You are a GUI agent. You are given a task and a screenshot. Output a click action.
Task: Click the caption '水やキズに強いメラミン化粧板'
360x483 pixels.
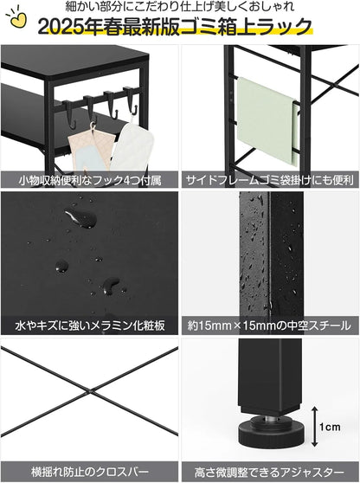[x=90, y=326]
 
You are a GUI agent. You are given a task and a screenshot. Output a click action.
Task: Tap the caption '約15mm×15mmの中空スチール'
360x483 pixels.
[x=269, y=326]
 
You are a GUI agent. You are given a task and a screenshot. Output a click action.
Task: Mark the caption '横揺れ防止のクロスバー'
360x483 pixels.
[x=90, y=472]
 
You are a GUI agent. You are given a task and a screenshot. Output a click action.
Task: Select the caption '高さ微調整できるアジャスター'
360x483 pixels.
[x=269, y=472]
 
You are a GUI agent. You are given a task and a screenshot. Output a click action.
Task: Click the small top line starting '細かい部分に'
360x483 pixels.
[x=179, y=8]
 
